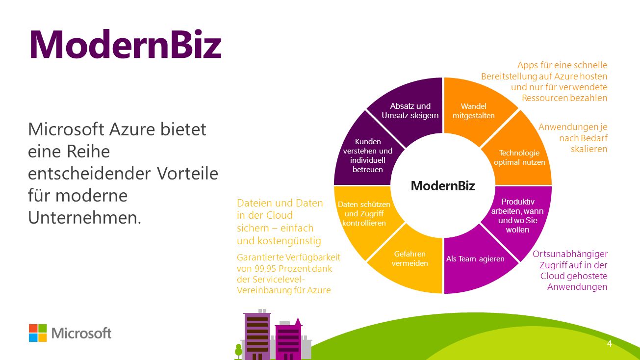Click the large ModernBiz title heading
126,44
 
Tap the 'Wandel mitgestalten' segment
476,111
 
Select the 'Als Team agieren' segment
476,260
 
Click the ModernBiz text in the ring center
443,186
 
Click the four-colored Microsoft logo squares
38,333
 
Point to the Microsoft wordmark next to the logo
81,333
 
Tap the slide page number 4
610,343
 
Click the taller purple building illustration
257,335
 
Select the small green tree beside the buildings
238,352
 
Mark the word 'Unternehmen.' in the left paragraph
84,218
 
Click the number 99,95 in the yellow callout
264,269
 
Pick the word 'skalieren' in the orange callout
589,149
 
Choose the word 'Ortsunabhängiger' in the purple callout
570,254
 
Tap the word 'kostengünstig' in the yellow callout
289,241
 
